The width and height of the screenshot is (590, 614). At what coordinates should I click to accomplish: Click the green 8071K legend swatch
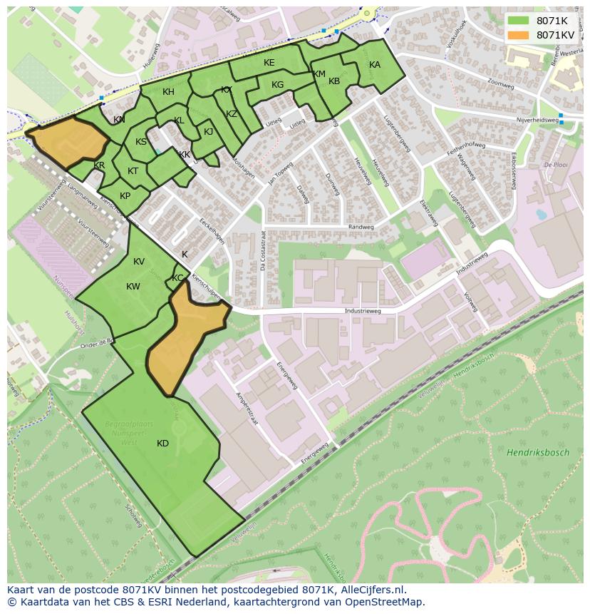click(519, 21)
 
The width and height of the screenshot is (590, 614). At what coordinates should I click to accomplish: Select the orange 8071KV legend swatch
click(519, 35)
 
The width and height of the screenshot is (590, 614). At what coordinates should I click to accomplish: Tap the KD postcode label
click(162, 444)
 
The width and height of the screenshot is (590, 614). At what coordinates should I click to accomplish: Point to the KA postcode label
click(375, 65)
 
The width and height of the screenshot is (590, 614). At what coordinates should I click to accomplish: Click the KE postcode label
click(269, 63)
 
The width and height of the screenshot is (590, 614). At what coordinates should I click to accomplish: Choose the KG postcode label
click(277, 85)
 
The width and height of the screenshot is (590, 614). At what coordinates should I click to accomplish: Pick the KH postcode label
click(168, 92)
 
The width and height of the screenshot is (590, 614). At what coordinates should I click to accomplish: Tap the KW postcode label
click(133, 287)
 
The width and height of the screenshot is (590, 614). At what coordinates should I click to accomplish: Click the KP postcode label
click(125, 196)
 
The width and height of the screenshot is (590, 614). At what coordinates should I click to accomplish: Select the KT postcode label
click(133, 171)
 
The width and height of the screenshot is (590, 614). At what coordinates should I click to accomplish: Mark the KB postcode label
click(334, 81)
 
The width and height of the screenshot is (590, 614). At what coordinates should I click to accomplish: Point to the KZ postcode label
click(232, 114)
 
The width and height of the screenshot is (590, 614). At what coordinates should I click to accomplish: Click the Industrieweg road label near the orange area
click(362, 312)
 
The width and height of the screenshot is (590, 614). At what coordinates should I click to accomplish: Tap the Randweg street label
click(361, 227)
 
